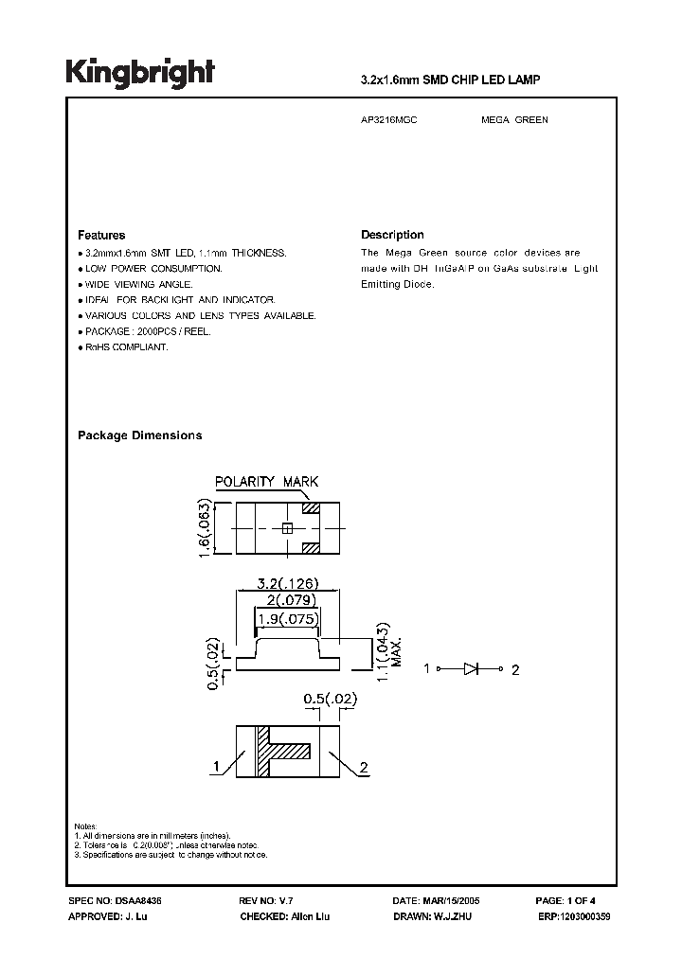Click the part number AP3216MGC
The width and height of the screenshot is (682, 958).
point(389,120)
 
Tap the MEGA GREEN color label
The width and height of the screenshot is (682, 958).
point(514,120)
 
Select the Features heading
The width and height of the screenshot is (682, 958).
point(101,235)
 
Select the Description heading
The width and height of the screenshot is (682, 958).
point(392,235)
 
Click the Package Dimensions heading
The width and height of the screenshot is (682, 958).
point(139,435)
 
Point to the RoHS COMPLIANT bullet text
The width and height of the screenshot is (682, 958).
point(126,347)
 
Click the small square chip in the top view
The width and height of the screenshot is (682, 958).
point(285,528)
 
